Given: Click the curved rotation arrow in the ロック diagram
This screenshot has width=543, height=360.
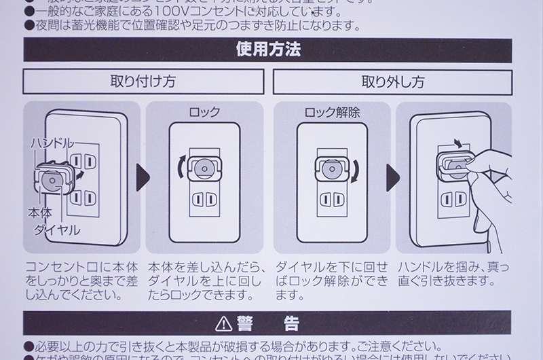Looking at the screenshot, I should [x=179, y=167].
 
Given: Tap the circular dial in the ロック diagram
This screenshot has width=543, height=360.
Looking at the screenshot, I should [x=202, y=166].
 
